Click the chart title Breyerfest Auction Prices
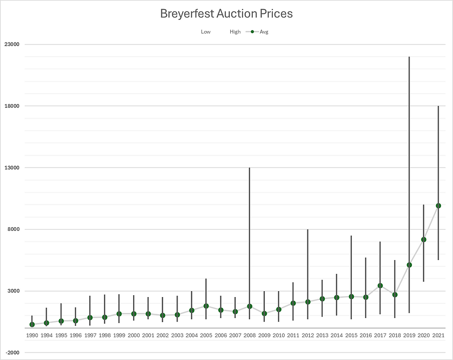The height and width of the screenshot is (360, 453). point(226,14)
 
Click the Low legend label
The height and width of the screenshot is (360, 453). point(206,32)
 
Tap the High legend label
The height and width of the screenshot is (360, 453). point(235,32)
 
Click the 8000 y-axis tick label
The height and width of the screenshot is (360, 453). point(12,230)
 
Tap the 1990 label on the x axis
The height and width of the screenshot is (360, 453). point(32,335)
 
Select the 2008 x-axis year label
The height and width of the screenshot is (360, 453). point(250,335)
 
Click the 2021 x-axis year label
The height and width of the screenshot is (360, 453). point(438,335)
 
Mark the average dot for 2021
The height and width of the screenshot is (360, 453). point(438,206)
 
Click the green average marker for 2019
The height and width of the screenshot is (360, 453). point(409,265)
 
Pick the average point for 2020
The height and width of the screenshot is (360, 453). point(423,240)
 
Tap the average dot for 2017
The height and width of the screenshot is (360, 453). point(380,286)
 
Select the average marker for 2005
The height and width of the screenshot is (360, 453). point(206,306)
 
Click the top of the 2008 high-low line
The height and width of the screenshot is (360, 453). point(250,168)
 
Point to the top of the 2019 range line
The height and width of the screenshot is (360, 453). point(409,57)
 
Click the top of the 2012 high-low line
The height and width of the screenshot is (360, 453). point(307,230)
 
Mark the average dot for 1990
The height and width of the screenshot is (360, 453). point(32,324)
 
